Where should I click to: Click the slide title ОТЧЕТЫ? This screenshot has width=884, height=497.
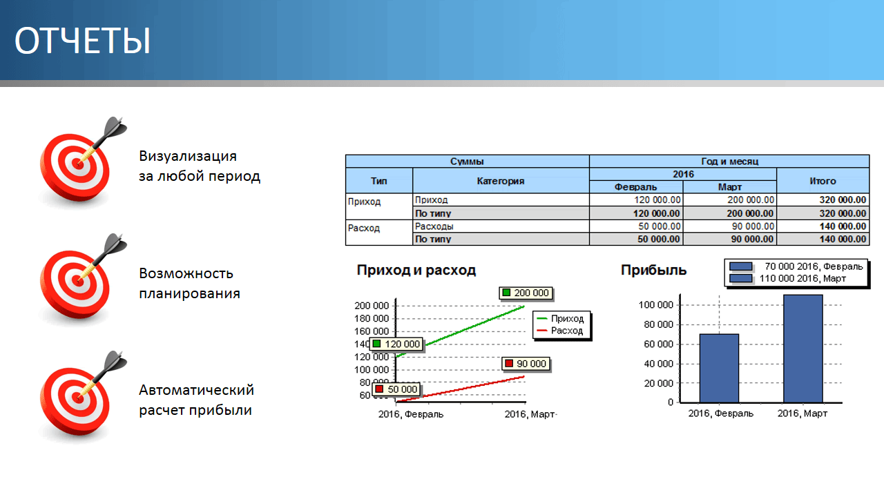pos(82,40)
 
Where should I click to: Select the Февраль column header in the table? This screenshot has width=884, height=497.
pos(635,187)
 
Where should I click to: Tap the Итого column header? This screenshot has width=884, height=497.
pos(823,181)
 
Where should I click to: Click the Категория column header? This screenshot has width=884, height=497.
pos(501,181)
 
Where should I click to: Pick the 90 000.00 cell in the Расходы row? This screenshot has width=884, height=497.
pos(751,226)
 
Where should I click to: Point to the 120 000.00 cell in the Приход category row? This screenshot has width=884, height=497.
pos(657,200)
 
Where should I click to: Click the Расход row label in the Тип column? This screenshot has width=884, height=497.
pos(363,228)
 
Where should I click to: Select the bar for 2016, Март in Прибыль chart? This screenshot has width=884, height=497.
pos(803,349)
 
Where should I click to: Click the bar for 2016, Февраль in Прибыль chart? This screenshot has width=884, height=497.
pos(719,369)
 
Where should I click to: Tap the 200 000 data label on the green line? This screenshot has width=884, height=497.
pos(526,293)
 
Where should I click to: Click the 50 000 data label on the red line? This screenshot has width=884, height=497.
pos(396,389)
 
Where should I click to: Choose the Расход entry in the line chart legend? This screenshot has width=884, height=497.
pos(560,331)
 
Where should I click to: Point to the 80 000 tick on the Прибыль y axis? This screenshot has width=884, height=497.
pos(658,324)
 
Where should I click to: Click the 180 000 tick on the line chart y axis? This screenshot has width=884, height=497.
pos(372,318)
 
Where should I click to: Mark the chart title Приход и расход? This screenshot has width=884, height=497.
pos(416,270)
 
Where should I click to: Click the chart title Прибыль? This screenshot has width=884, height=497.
pos(653,270)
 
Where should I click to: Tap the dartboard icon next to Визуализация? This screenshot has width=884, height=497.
pos(81,162)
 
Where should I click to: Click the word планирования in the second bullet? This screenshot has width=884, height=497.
pos(189,293)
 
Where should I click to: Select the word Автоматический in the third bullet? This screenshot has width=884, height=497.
pos(197,390)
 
